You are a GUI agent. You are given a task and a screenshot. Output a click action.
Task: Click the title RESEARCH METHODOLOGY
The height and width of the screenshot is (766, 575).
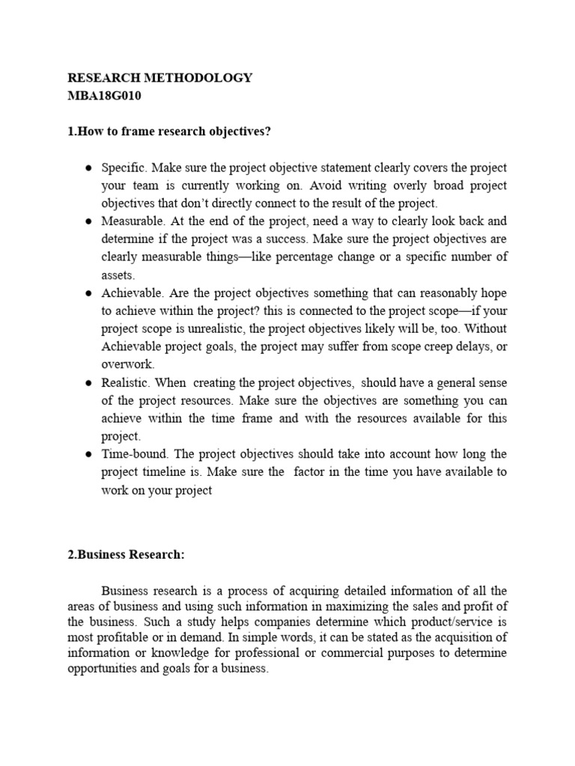(x=160, y=78)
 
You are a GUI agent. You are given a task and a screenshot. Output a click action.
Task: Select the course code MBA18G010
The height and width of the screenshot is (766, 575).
(x=105, y=96)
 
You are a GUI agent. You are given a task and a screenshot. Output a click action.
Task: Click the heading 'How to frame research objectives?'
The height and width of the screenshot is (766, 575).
(x=169, y=132)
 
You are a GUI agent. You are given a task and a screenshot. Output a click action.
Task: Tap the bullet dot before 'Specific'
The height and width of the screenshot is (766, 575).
(x=88, y=168)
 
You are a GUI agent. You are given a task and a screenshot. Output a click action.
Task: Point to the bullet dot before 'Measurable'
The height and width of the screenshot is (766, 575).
(x=88, y=221)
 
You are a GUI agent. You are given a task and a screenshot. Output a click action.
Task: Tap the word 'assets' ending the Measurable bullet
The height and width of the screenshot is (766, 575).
(x=118, y=275)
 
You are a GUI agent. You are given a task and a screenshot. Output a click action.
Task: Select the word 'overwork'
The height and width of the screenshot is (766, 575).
(x=127, y=365)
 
